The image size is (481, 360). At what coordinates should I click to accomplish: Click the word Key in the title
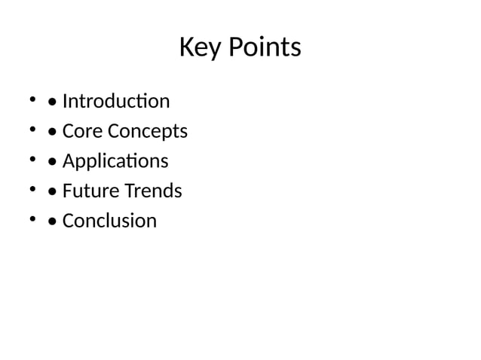coord(198,49)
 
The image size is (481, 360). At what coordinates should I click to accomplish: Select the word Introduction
coord(116,101)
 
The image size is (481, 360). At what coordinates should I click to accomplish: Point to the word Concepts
coord(147,132)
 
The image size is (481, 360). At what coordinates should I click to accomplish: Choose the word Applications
coord(115,162)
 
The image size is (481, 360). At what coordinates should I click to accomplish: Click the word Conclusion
coord(109,221)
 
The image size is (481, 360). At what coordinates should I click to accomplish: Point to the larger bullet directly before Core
coord(51,133)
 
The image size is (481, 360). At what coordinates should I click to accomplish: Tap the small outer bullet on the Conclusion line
coord(32,219)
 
